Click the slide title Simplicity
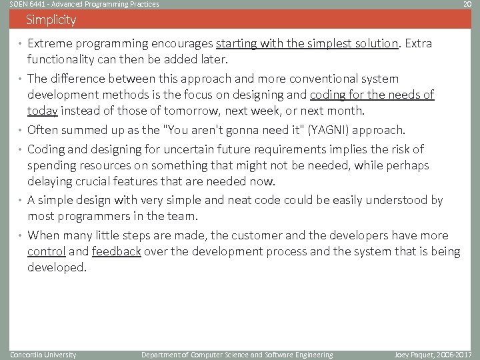click(x=51, y=20)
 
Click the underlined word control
click(x=46, y=251)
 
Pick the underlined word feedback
click(x=116, y=251)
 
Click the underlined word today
click(x=42, y=111)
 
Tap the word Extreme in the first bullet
click(x=49, y=44)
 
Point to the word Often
click(x=43, y=130)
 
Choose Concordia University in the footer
click(x=43, y=355)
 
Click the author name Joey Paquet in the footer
click(x=414, y=355)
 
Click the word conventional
click(x=315, y=79)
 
